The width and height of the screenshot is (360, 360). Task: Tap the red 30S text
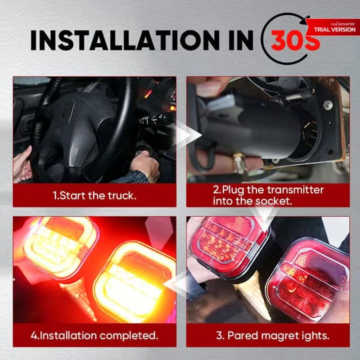tap(296, 40)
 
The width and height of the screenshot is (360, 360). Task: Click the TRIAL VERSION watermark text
tap(334, 29)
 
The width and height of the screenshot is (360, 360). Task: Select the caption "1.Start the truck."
tap(94, 196)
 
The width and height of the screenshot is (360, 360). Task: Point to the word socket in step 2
tap(273, 201)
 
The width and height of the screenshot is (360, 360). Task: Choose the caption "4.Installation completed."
tap(94, 336)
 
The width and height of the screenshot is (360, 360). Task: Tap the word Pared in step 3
tap(243, 335)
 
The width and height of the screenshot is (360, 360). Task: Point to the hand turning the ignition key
tap(144, 165)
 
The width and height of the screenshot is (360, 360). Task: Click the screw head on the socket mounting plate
tap(328, 105)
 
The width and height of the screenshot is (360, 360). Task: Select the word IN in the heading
tap(241, 40)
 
